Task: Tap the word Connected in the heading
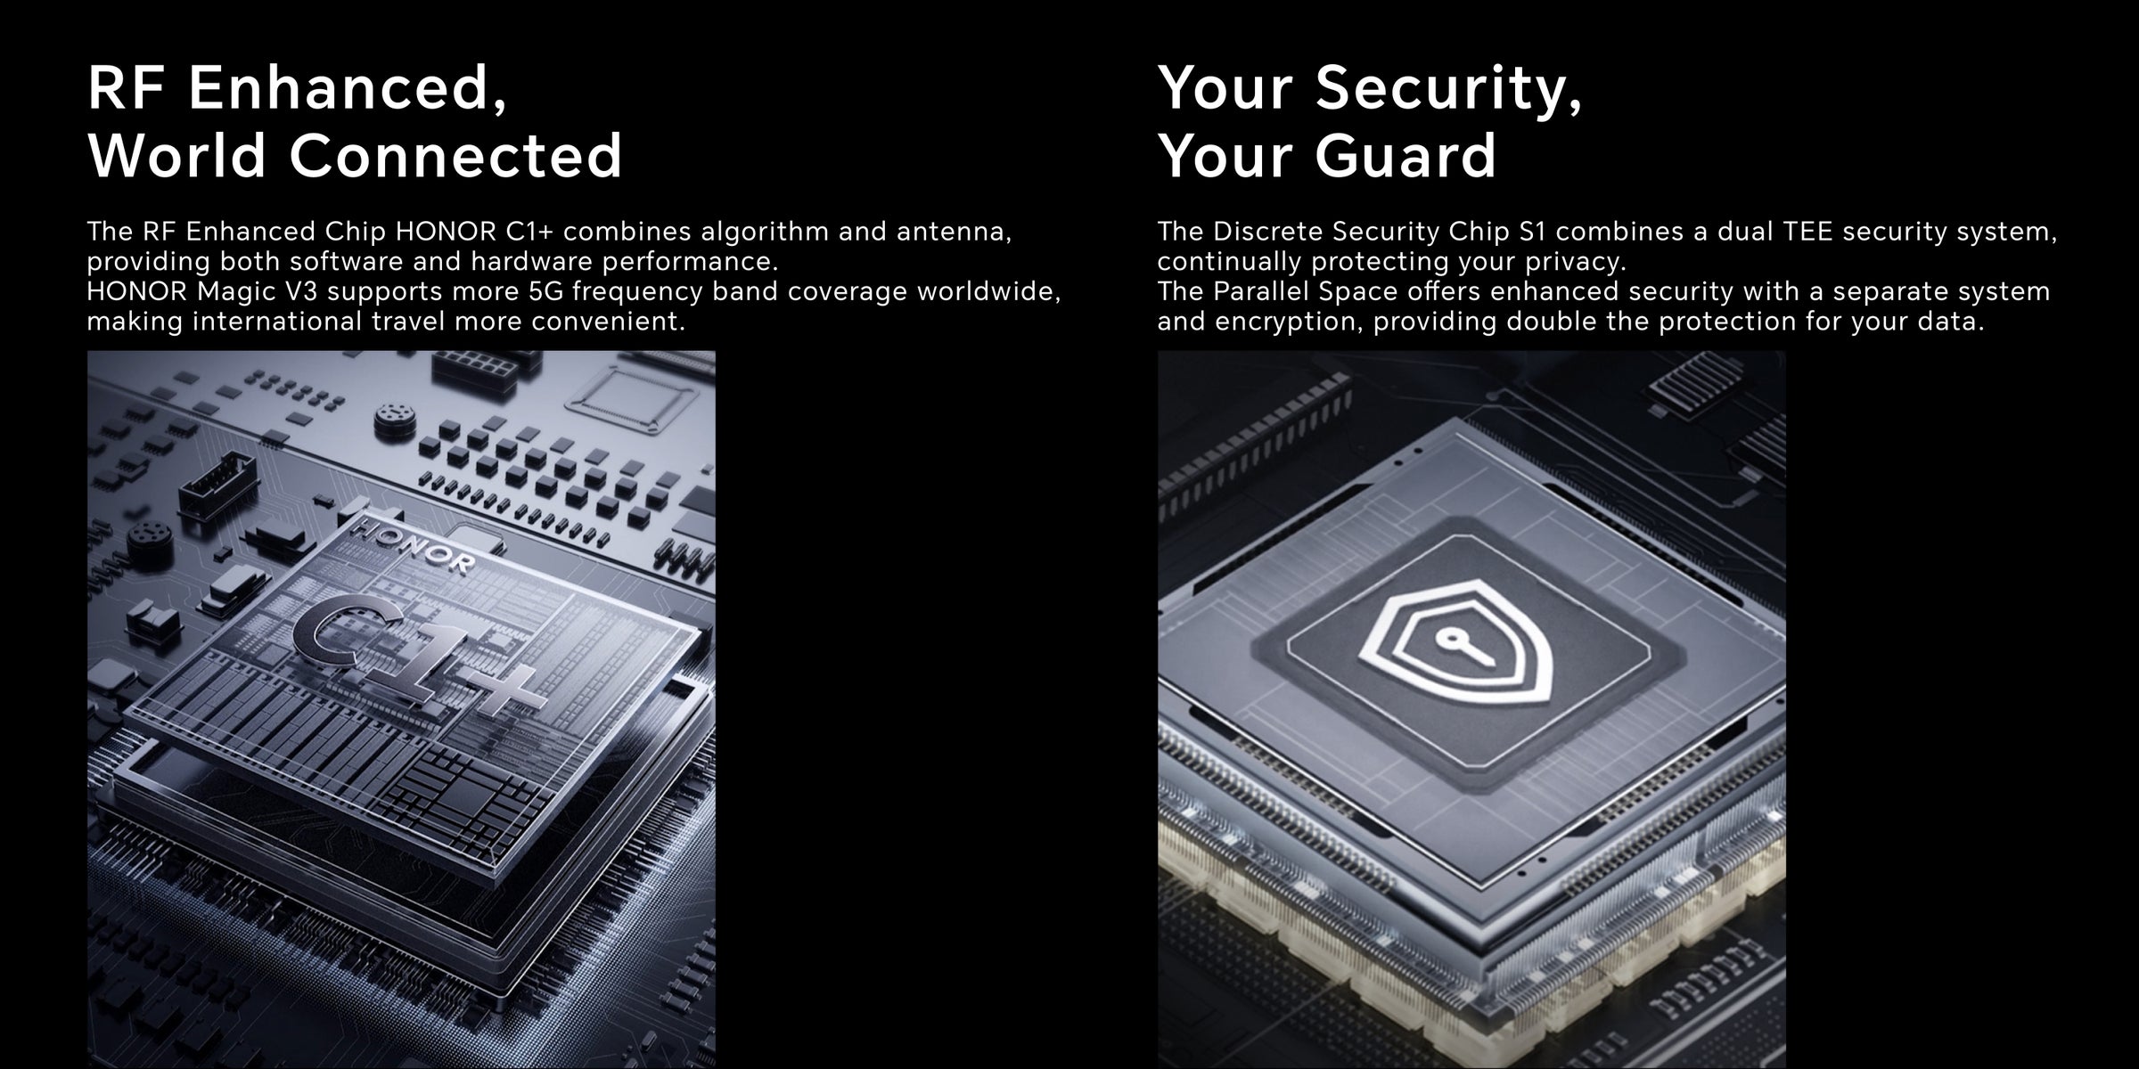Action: (x=455, y=155)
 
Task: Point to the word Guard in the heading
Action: (x=1406, y=155)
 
